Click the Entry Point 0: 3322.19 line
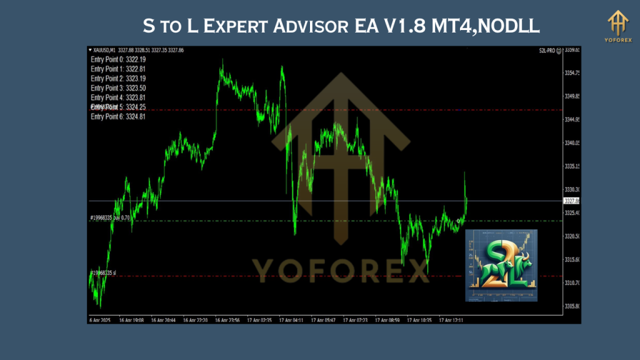pyautogui.click(x=118, y=59)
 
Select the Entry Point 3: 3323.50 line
pyautogui.click(x=118, y=88)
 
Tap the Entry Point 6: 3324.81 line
pyautogui.click(x=118, y=117)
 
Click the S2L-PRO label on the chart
pyautogui.click(x=548, y=50)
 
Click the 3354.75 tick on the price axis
pyautogui.click(x=572, y=73)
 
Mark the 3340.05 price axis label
pyautogui.click(x=572, y=143)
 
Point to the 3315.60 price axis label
pyautogui.click(x=572, y=259)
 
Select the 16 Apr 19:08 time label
pyautogui.click(x=131, y=319)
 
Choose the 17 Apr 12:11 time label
pyautogui.click(x=451, y=319)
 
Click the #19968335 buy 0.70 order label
pyautogui.click(x=110, y=218)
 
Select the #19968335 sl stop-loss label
pyautogui.click(x=104, y=273)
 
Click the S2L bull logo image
pyautogui.click(x=501, y=266)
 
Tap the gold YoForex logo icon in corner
pyautogui.click(x=619, y=24)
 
